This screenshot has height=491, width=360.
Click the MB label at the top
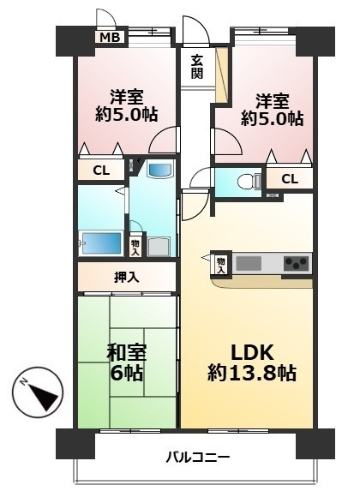[x=108, y=37]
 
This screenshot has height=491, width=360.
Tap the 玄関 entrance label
[x=197, y=66]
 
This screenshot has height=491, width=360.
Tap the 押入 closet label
[x=126, y=277]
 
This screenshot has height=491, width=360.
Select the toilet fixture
[x=246, y=182]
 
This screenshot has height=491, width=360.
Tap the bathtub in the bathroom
[x=101, y=243]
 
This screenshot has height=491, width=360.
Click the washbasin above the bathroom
[x=159, y=170]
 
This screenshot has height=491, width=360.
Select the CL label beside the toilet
[x=290, y=178]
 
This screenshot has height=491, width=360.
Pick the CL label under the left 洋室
[x=100, y=171]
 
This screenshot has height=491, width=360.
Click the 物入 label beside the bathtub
[x=135, y=247]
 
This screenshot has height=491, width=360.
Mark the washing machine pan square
[x=159, y=247]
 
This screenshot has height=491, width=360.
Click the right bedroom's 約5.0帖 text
[x=272, y=118]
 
